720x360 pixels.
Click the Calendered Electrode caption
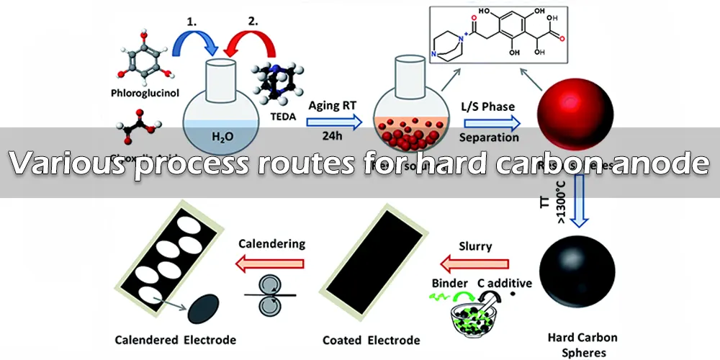[x=176, y=338]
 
